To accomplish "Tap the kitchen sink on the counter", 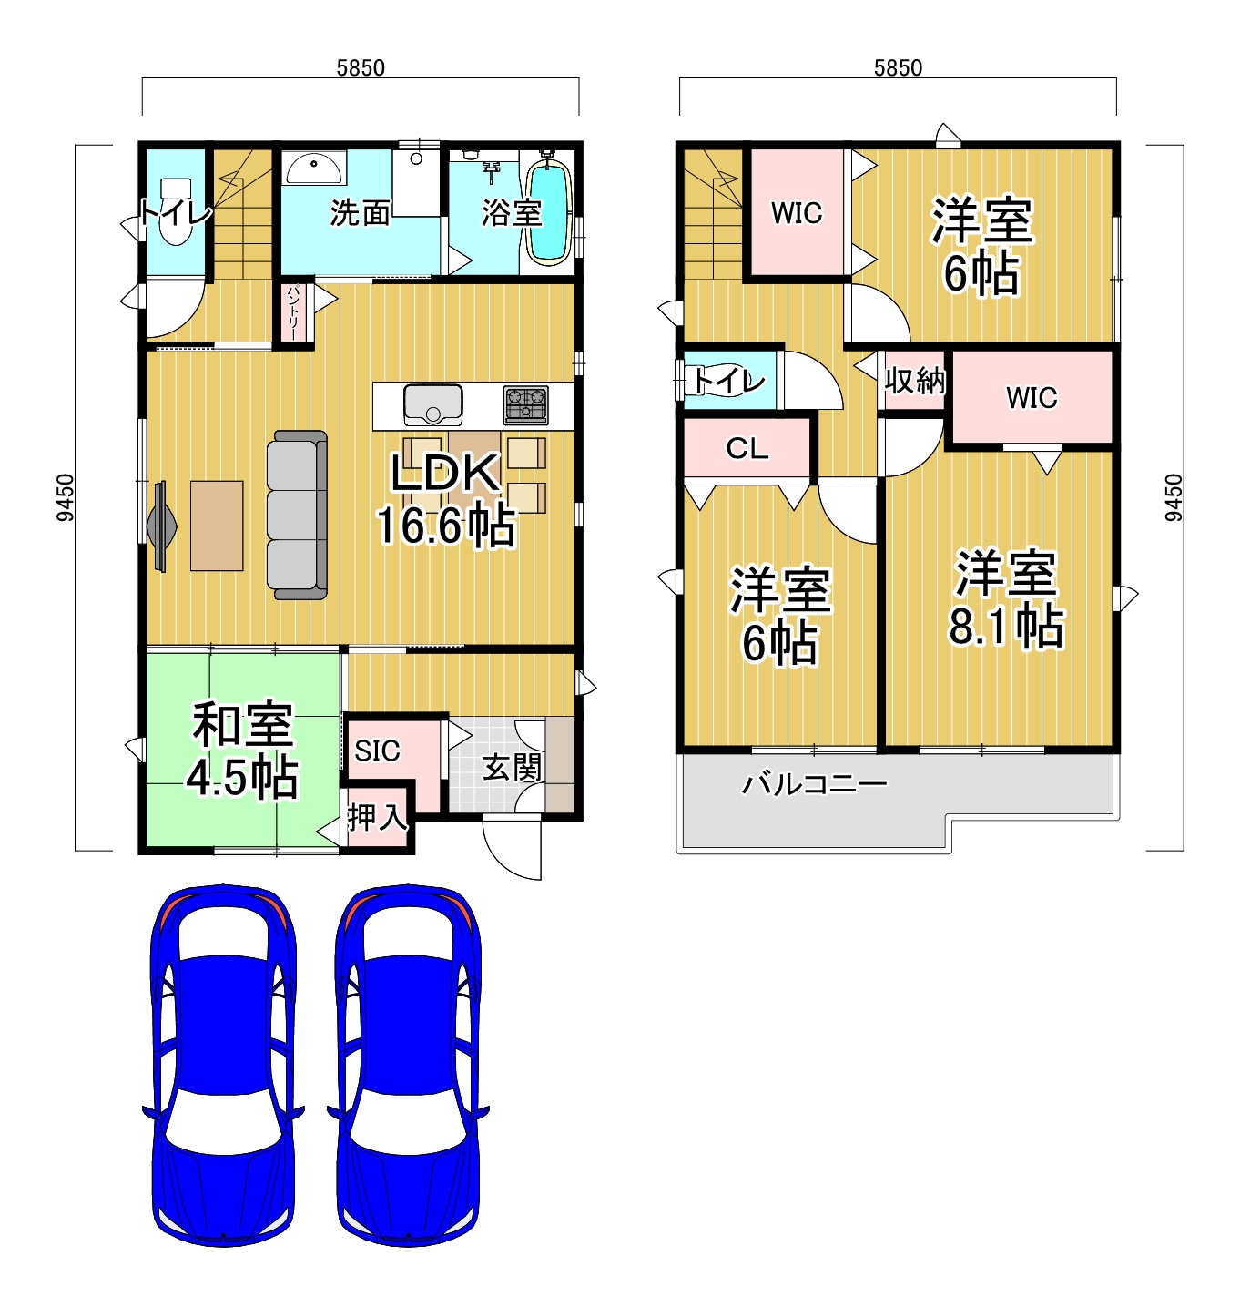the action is [432, 404].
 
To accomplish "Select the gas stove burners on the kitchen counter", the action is [525, 404].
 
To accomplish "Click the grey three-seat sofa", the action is [297, 515].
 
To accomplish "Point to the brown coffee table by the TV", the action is [217, 526].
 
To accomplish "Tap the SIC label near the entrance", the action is [377, 751].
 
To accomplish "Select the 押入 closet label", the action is [377, 818].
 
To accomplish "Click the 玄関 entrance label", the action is [512, 767].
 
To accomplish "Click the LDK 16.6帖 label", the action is [445, 498].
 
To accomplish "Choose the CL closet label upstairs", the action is [747, 448].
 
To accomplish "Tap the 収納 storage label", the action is [914, 381].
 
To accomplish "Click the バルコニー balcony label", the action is [813, 784].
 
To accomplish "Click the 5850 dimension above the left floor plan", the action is [361, 67].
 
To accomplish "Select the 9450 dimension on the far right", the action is [1174, 497].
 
